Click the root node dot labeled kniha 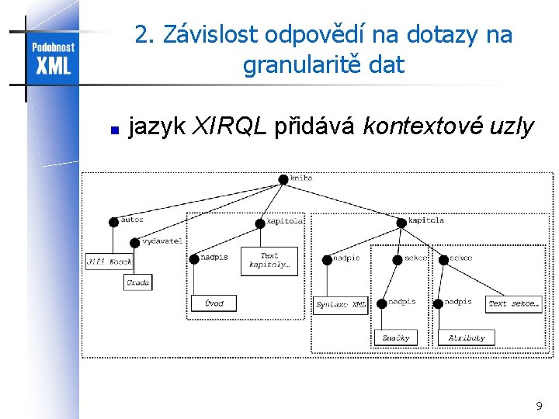pos(283,179)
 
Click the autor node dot pos(114,221)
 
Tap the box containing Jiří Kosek pos(109,261)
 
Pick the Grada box pos(137,282)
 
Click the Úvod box pos(214,303)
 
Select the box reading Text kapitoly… pos(269,261)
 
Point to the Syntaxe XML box pos(341,305)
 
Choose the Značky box pos(395,338)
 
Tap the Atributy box pos(467,338)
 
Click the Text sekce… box pos(513,303)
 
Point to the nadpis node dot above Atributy pos(439,303)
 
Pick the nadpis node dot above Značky pos(382,303)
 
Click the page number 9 pos(539,406)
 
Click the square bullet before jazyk pos(113,130)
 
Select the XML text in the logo pos(53,65)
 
